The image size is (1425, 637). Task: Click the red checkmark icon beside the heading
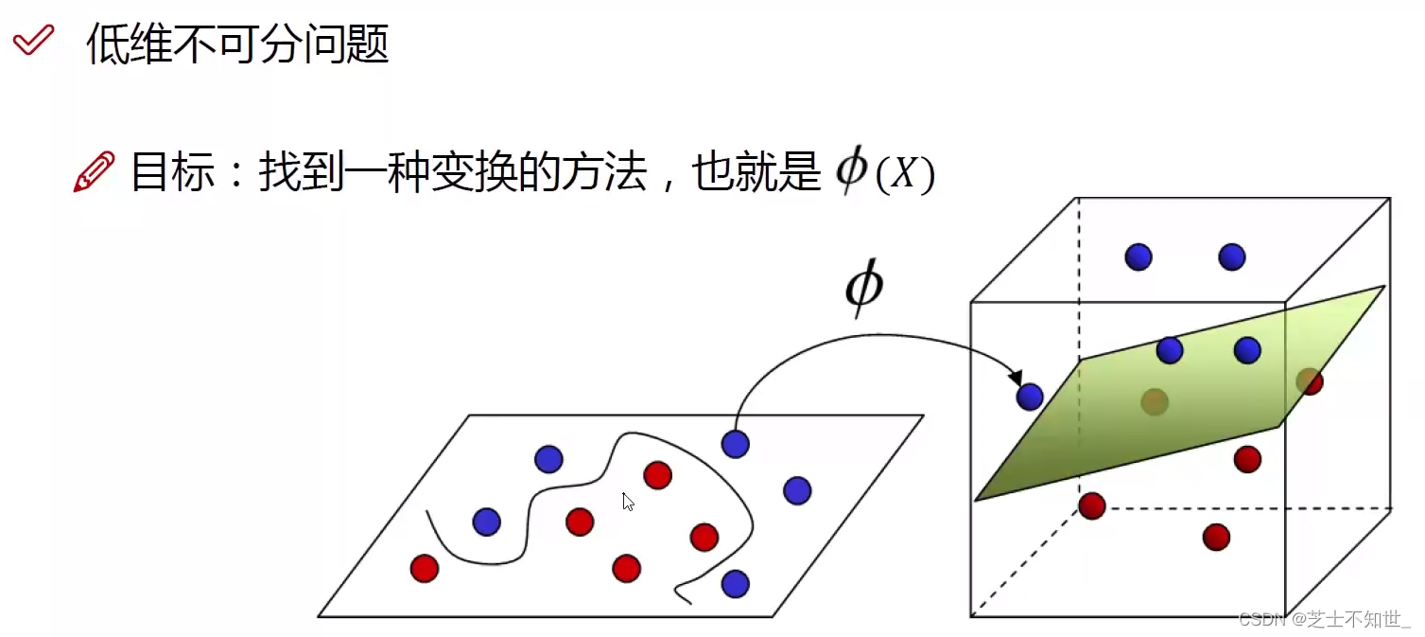point(33,41)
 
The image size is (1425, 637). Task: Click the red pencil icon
point(94,172)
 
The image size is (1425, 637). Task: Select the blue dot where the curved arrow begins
point(735,443)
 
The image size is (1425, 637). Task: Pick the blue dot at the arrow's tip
point(1030,397)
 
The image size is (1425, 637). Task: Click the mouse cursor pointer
point(628,502)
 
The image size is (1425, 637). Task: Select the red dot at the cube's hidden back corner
point(1092,505)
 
